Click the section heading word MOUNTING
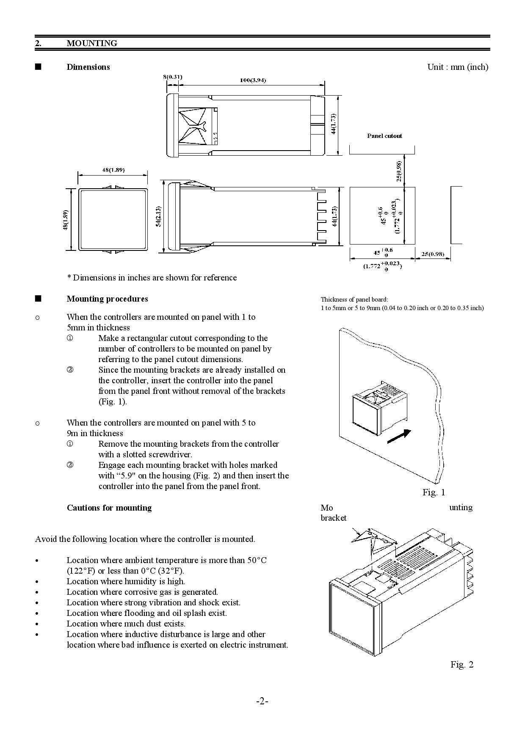pyautogui.click(x=92, y=43)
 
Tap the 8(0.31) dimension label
pyautogui.click(x=173, y=77)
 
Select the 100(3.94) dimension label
pyautogui.click(x=253, y=80)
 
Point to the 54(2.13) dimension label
pyautogui.click(x=158, y=216)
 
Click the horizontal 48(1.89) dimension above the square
pyautogui.click(x=113, y=170)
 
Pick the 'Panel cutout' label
pyautogui.click(x=384, y=136)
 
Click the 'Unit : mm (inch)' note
pyautogui.click(x=458, y=67)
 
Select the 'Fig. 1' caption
pyautogui.click(x=434, y=492)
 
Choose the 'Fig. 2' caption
pyautogui.click(x=462, y=664)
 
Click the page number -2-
pyautogui.click(x=262, y=701)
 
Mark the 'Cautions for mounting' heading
pyautogui.click(x=109, y=508)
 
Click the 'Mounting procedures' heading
pyautogui.click(x=108, y=299)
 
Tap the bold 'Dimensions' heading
pyautogui.click(x=88, y=67)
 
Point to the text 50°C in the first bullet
pyautogui.click(x=257, y=560)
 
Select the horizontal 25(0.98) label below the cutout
pyautogui.click(x=433, y=254)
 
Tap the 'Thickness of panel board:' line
pyautogui.click(x=354, y=299)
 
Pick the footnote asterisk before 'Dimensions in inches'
pyautogui.click(x=69, y=277)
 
